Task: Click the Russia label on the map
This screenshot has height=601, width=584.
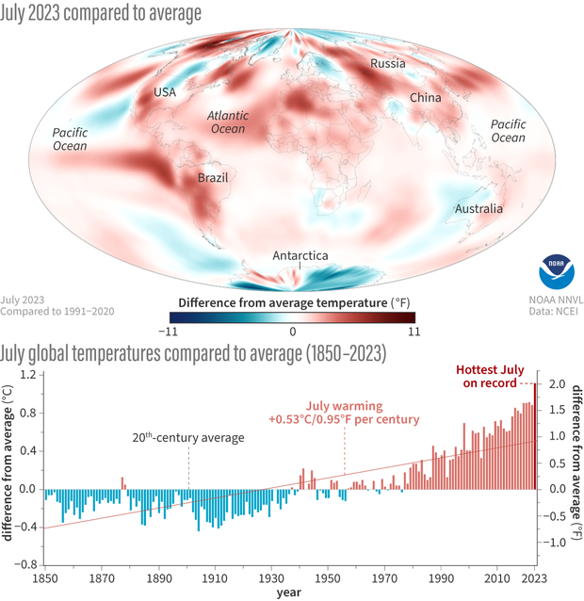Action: [387, 65]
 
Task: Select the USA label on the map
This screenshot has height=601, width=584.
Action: [166, 93]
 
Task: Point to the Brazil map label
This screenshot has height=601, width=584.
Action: [212, 177]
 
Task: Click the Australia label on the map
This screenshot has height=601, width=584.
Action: [478, 208]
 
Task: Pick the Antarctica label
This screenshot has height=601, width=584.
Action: [300, 255]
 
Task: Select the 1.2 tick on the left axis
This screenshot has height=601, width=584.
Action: [27, 374]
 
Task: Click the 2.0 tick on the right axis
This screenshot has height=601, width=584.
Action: [557, 384]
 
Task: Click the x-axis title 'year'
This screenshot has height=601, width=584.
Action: [289, 593]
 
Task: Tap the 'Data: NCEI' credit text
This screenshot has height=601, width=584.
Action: [552, 310]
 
